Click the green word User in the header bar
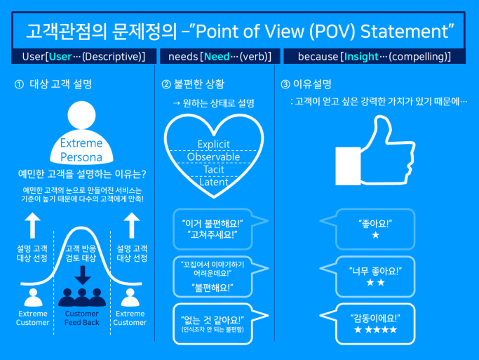click(60, 57)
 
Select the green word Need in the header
click(217, 57)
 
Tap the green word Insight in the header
click(361, 57)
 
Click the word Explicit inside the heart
click(213, 145)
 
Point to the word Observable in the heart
click(213, 156)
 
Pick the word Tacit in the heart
click(214, 169)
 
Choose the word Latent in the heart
click(214, 182)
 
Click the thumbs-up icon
click(375, 151)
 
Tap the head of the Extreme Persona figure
click(81, 115)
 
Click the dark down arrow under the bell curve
click(82, 275)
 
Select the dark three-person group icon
click(82, 297)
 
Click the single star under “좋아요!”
click(375, 235)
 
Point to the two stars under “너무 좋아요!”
click(375, 282)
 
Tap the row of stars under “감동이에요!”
click(375, 330)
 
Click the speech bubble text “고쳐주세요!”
click(212, 235)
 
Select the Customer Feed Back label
click(82, 318)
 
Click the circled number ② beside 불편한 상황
click(166, 84)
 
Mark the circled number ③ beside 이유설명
click(285, 84)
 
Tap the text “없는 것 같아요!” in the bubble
click(212, 320)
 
